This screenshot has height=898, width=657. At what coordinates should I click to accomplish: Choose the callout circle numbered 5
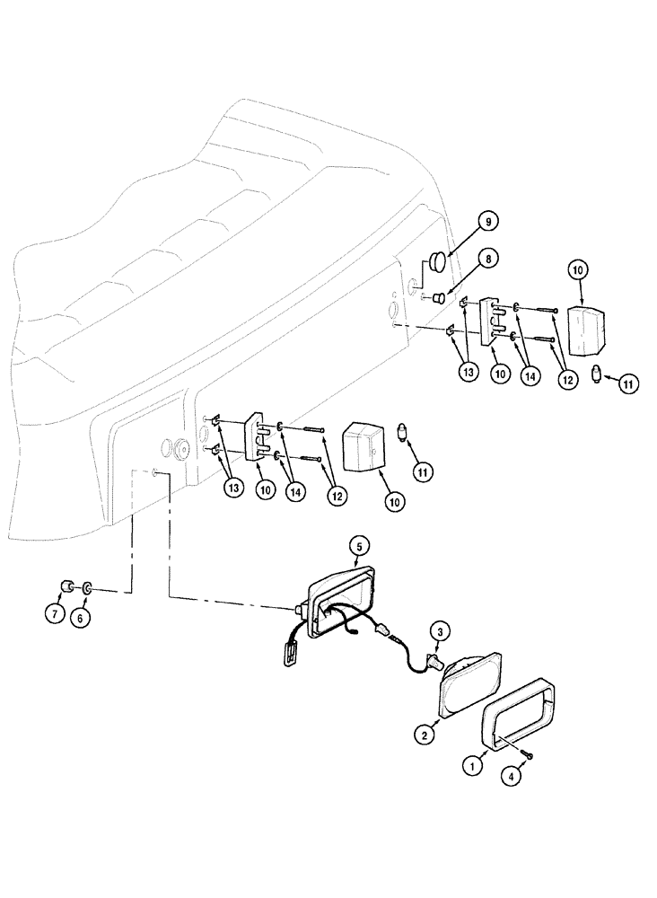click(359, 545)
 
